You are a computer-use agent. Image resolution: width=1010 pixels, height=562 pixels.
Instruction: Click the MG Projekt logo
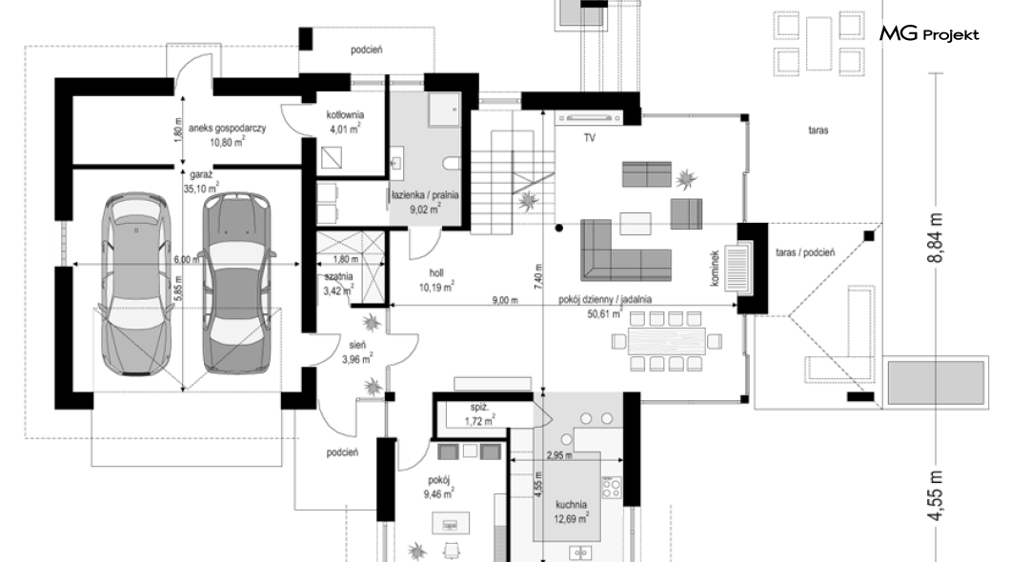929,33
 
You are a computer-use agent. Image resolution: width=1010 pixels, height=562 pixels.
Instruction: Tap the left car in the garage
136,283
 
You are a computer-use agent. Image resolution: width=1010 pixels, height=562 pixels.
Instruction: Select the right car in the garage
236,283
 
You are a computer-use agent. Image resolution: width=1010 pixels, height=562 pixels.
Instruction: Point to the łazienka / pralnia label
425,202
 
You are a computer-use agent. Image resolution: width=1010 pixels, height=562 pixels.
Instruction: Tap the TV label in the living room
590,138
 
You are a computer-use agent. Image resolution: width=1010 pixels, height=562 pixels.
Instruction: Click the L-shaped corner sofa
625,251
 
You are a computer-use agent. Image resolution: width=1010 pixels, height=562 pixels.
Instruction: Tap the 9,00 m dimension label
505,300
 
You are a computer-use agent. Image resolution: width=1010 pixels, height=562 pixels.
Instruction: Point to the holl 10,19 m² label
436,281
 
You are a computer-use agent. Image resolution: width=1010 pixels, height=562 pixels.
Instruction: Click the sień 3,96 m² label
357,352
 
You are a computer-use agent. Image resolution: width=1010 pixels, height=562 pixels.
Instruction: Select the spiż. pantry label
479,414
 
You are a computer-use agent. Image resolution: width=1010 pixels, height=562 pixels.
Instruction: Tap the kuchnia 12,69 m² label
571,512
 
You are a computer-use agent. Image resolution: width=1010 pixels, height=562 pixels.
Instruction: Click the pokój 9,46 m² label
438,487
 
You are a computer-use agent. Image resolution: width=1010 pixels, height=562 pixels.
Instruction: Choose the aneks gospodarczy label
227,134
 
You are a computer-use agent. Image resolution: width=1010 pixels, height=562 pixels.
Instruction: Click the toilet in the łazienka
453,163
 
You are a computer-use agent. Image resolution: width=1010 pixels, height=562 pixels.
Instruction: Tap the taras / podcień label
804,253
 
